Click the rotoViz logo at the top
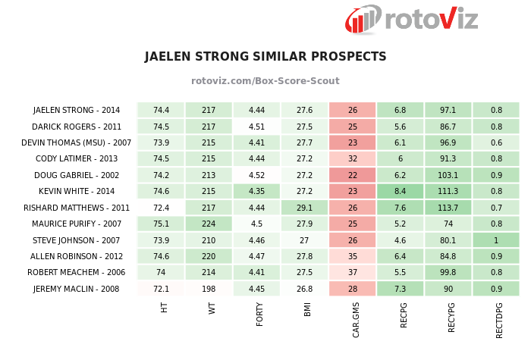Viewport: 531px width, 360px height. pos(412,18)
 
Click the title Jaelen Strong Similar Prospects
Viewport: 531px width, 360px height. pos(265,57)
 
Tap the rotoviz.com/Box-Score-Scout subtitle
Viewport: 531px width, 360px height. pos(265,81)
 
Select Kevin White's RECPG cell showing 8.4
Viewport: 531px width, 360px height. pos(400,192)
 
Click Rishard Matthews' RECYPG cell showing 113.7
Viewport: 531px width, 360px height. pos(448,208)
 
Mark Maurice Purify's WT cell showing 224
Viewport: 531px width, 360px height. pos(209,224)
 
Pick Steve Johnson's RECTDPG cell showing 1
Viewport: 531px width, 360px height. pos(496,240)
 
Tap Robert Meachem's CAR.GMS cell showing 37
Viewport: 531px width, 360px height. pos(352,273)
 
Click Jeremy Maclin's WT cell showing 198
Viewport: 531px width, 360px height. pos(209,289)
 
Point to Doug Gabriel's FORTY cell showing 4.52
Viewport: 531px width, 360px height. pos(256,175)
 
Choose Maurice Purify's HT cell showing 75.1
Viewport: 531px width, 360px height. pos(161,224)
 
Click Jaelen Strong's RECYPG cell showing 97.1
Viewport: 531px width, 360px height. pos(448,110)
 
